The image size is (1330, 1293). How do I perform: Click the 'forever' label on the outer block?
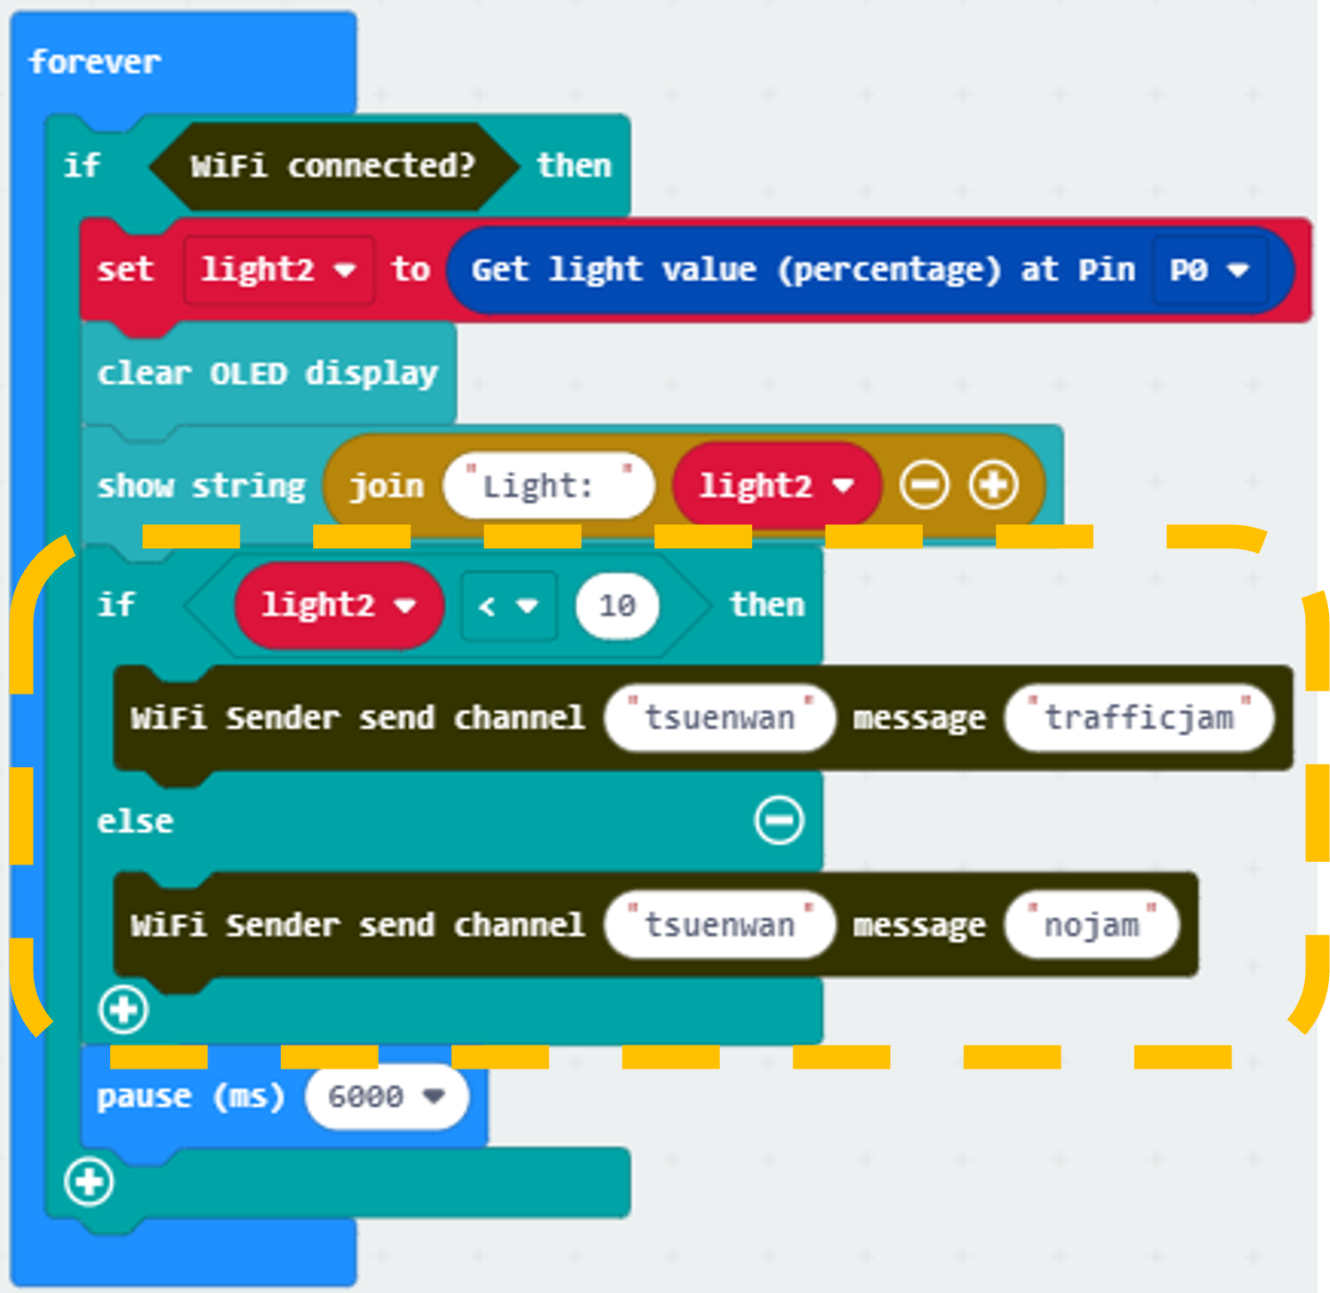[x=95, y=62]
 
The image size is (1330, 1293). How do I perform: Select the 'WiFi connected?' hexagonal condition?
[x=333, y=166]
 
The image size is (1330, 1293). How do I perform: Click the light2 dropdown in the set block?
[x=278, y=270]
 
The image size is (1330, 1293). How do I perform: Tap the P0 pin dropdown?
[x=1209, y=270]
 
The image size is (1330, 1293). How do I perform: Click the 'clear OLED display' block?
[x=268, y=373]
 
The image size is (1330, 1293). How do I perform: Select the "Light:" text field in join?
[x=549, y=485]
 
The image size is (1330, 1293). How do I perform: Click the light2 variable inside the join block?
[x=777, y=485]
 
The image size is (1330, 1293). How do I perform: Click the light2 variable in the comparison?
[x=339, y=606]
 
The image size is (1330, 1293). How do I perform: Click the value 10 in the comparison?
[x=617, y=606]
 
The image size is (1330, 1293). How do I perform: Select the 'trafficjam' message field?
[x=1139, y=717]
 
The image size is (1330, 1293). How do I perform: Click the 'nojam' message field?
[x=1092, y=925]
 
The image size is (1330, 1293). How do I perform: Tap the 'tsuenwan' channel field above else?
[x=720, y=717]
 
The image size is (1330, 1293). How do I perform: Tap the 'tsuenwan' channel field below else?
[x=720, y=925]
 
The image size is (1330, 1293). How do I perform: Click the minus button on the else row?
[x=779, y=819]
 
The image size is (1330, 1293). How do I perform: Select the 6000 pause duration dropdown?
[x=387, y=1097]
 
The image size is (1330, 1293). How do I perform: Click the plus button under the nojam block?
[x=123, y=1009]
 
